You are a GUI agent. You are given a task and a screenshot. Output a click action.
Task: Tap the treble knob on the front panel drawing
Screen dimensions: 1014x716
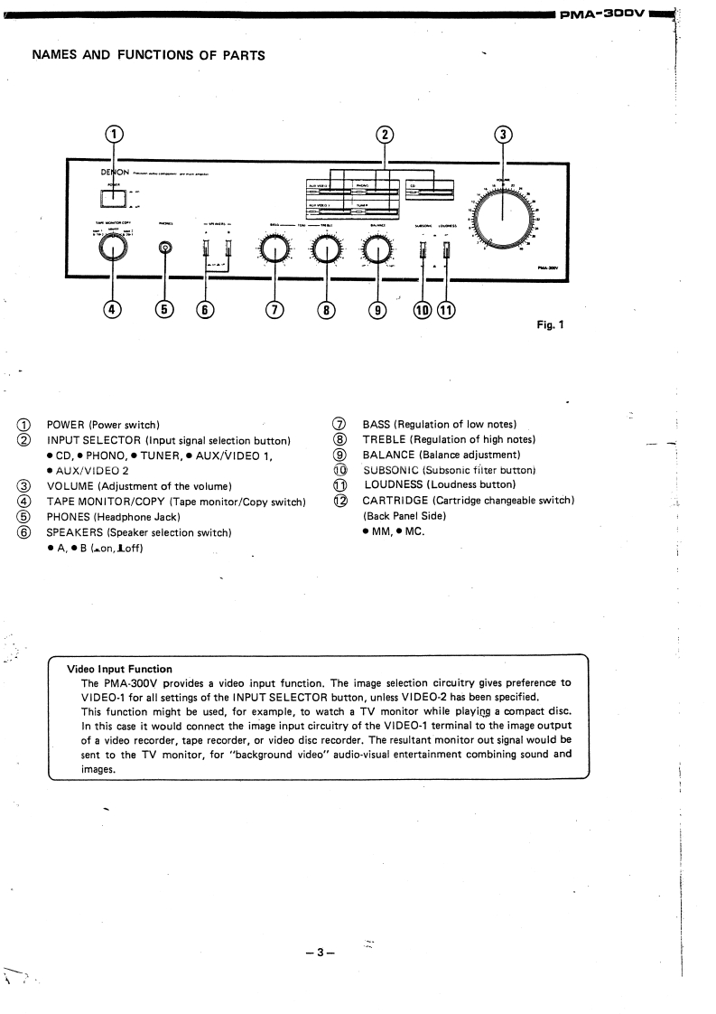326,249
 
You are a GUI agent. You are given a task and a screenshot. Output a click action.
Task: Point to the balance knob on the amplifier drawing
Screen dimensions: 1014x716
377,249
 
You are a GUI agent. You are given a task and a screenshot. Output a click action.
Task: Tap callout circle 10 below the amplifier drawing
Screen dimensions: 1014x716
423,310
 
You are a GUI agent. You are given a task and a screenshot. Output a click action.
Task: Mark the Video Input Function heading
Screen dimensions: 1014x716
120,670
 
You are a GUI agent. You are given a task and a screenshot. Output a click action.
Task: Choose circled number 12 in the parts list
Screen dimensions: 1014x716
340,501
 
